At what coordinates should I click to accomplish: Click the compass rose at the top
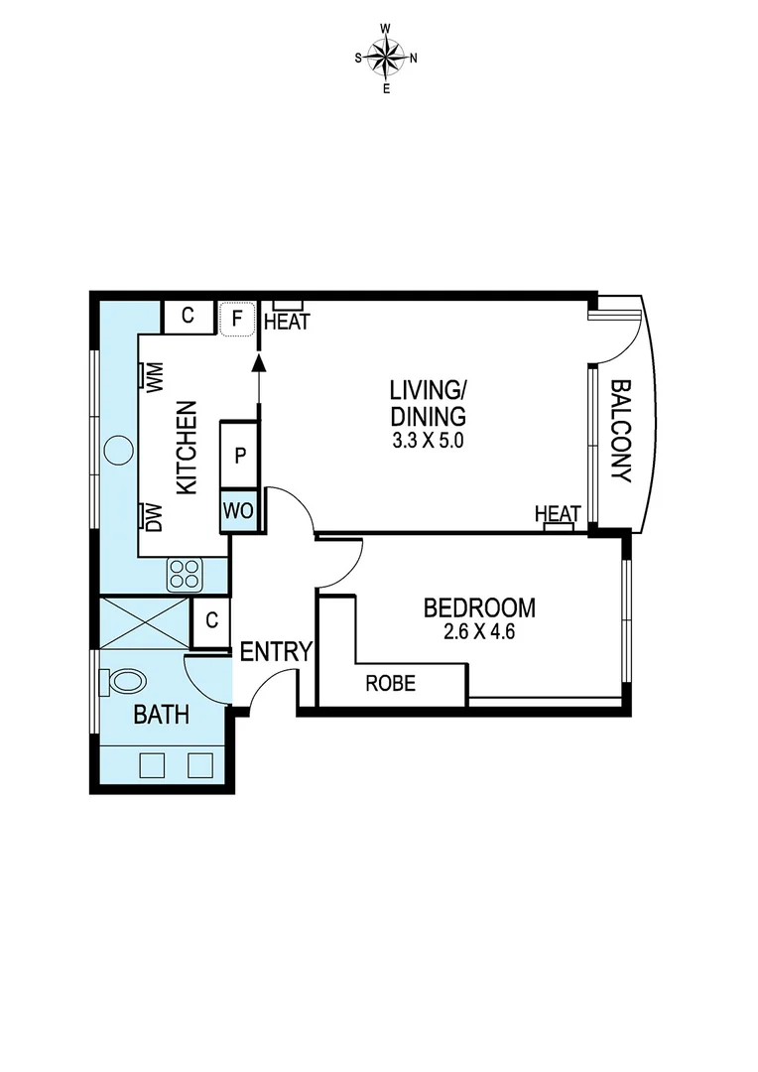[x=386, y=58]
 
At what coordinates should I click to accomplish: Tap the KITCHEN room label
[x=187, y=447]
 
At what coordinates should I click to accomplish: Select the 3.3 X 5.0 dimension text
[x=428, y=441]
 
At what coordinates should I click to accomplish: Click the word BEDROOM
[x=479, y=607]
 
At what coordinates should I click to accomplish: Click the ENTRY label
[x=277, y=652]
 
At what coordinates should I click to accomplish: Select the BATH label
[x=162, y=715]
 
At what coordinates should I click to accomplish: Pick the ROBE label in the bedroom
[x=390, y=684]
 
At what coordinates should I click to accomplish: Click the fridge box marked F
[x=236, y=319]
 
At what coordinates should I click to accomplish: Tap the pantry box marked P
[x=239, y=457]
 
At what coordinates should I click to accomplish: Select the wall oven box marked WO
[x=239, y=512]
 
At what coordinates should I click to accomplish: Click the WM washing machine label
[x=155, y=376]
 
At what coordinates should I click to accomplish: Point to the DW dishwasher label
[x=155, y=517]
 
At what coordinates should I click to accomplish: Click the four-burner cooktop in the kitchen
[x=185, y=573]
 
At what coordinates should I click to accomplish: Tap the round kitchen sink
[x=117, y=450]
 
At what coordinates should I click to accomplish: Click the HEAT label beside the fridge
[x=287, y=322]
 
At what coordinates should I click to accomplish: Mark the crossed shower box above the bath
[x=145, y=622]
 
